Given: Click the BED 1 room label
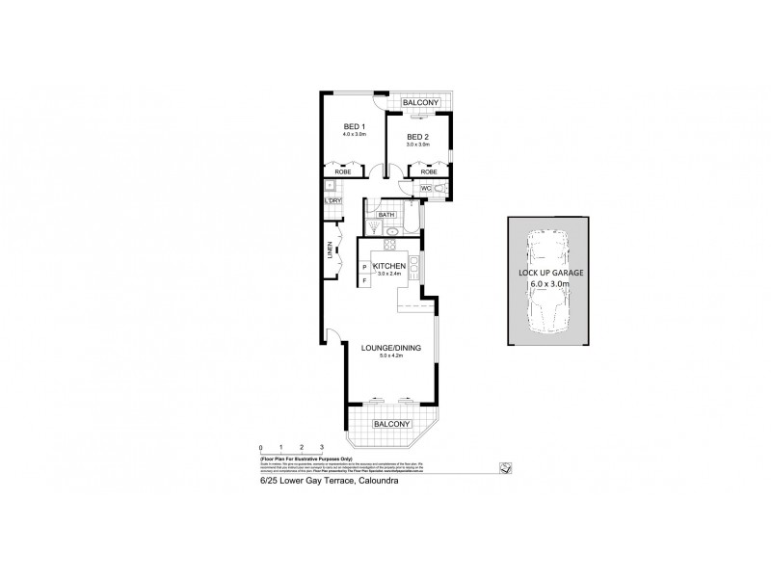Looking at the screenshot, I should [354, 127].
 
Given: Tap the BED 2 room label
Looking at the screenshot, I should [416, 136].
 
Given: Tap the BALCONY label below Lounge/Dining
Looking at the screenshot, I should [392, 424].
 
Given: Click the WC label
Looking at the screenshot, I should [424, 189].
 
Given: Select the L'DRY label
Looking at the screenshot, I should [335, 201].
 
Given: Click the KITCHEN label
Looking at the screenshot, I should [387, 265].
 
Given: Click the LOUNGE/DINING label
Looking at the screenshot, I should [387, 348].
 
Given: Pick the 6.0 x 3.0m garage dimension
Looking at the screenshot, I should [547, 284].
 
